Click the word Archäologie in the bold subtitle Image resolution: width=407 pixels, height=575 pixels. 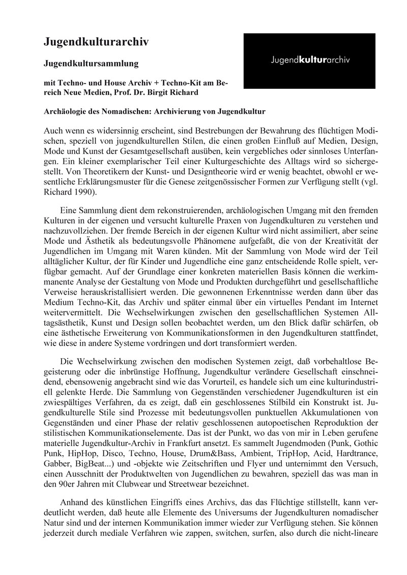click(70, 109)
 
